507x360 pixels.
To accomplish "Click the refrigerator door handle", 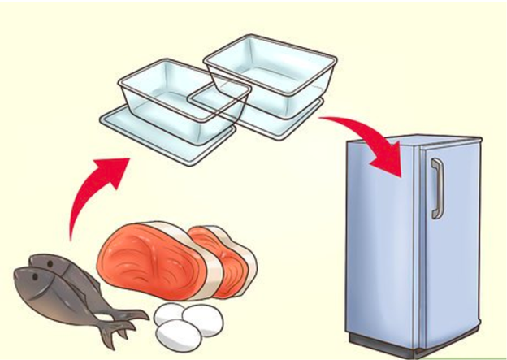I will [436, 189].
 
